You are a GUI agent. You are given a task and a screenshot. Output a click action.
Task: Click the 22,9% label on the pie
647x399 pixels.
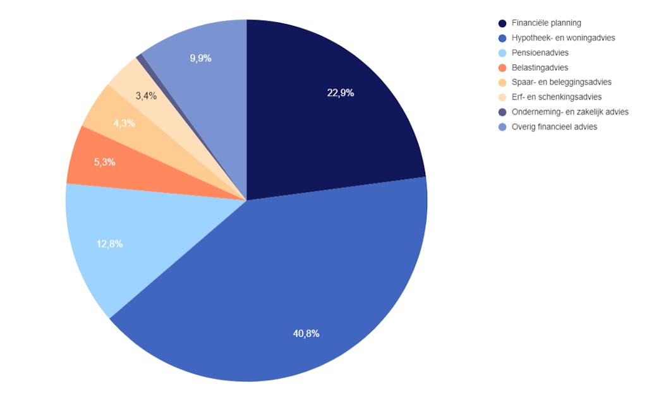click(x=341, y=93)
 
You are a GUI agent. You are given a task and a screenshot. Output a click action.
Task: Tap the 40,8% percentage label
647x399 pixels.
click(x=306, y=333)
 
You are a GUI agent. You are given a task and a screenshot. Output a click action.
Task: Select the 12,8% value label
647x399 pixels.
click(x=109, y=244)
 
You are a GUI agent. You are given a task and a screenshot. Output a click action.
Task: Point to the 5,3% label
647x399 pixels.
click(x=104, y=162)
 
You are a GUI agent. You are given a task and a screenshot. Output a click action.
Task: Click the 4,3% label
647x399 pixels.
click(x=124, y=123)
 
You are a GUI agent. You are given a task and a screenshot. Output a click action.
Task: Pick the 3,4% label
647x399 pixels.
click(x=146, y=96)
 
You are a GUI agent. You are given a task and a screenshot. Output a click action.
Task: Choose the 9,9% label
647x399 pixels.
click(x=200, y=58)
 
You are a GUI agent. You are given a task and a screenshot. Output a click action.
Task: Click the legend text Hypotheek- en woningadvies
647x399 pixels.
click(x=563, y=38)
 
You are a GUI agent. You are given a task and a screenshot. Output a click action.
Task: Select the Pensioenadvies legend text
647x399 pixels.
click(x=540, y=53)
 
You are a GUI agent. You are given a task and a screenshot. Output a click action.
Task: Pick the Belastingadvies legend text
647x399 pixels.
click(x=540, y=68)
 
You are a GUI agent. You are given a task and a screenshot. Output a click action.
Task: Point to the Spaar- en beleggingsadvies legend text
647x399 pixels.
click(x=561, y=82)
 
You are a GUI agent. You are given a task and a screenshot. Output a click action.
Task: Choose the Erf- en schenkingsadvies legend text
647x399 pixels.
click(x=556, y=97)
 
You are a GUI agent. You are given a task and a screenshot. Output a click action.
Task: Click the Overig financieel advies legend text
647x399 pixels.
click(x=554, y=126)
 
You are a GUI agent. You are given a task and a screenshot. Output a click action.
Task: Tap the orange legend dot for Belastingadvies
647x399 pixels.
click(x=502, y=68)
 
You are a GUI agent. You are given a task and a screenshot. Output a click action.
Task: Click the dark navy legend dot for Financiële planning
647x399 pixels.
click(x=502, y=23)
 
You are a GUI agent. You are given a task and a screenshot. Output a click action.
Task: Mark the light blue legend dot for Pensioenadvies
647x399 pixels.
click(x=502, y=53)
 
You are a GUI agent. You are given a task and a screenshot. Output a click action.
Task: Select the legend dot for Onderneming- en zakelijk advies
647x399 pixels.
click(x=502, y=112)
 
